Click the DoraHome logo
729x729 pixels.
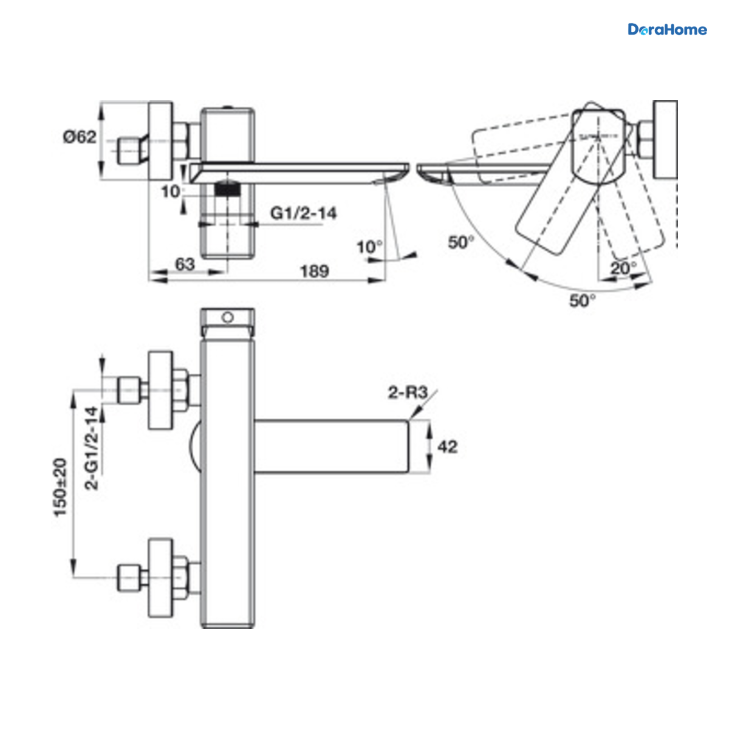(x=667, y=30)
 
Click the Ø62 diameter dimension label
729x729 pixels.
(x=80, y=137)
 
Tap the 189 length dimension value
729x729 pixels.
(x=314, y=272)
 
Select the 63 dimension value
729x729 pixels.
(x=185, y=264)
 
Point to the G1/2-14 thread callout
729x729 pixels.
(x=303, y=213)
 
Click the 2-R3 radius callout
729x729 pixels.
(x=408, y=392)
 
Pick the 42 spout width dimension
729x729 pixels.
(x=448, y=447)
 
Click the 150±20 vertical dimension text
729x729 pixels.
(x=60, y=488)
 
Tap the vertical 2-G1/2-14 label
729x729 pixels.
(x=91, y=449)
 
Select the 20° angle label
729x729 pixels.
(x=623, y=269)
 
